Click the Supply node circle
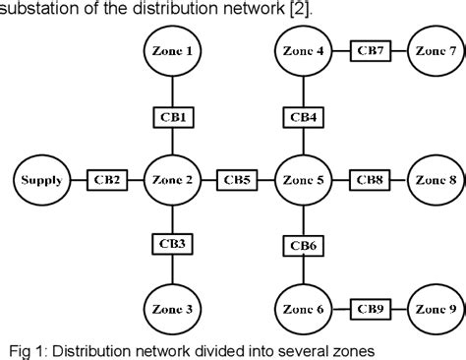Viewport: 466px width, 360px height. [x=38, y=180]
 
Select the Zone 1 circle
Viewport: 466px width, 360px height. [x=173, y=50]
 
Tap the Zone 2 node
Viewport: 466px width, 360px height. [x=173, y=180]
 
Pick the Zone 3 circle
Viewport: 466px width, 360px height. [x=173, y=309]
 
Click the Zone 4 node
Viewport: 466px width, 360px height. [x=302, y=50]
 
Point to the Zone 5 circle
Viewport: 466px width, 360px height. [x=302, y=180]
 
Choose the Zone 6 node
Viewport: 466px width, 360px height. [x=302, y=309]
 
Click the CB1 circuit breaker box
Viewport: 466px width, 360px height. [x=173, y=116]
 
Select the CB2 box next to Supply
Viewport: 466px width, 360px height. [x=105, y=180]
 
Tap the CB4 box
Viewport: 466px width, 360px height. [x=302, y=116]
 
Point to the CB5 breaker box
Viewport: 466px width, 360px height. [x=237, y=180]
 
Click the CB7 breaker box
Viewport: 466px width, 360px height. [x=368, y=50]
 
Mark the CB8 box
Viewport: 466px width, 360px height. [x=369, y=180]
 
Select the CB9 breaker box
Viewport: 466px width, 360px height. [x=368, y=309]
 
